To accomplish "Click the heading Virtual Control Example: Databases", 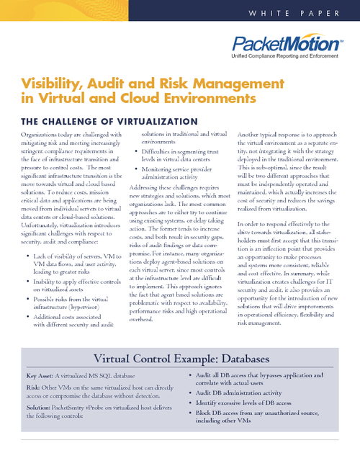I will pos(180,359).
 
